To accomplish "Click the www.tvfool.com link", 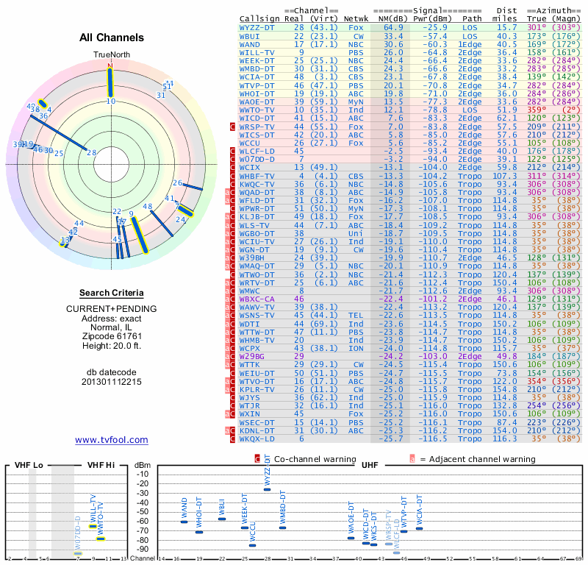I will click(112, 440).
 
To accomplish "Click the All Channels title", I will click(112, 38).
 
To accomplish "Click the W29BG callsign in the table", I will click(256, 356).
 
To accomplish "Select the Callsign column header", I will click(260, 18).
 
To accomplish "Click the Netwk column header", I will click(356, 18).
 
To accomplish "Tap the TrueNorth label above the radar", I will click(110, 55).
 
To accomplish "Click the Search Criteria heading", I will click(112, 292).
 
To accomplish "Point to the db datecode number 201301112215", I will click(112, 382).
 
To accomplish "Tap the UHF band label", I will click(370, 466).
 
